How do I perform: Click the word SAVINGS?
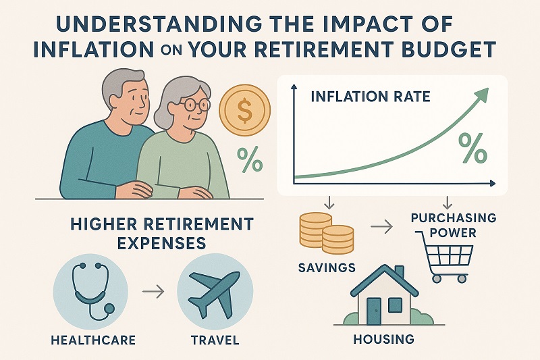point(327,267)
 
